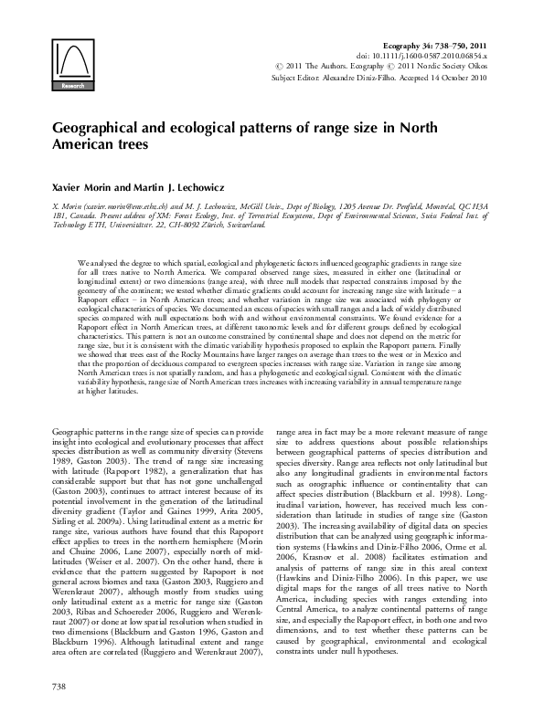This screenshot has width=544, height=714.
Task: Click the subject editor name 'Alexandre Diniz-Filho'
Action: pyautogui.click(x=361, y=79)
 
